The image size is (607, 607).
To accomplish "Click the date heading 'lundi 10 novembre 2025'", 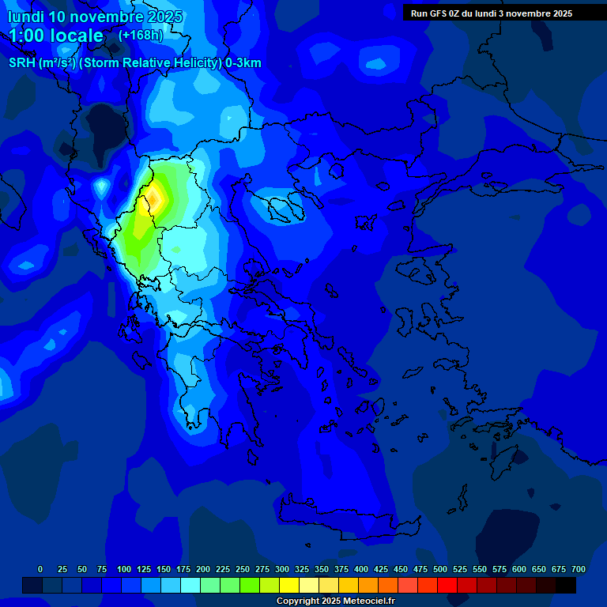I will click(x=95, y=16).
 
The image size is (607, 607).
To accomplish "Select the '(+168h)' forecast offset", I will click(x=141, y=36).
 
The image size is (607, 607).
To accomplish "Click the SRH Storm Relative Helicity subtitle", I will click(x=134, y=62).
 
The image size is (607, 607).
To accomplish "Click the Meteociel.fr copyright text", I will click(x=334, y=601).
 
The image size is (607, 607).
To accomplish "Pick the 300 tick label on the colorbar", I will click(x=282, y=569).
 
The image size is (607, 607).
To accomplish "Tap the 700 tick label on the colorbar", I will click(x=578, y=569).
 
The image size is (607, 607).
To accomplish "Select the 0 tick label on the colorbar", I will click(x=40, y=569).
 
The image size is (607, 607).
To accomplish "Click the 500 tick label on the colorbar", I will click(x=440, y=569).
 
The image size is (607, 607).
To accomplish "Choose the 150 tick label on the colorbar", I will click(x=164, y=569).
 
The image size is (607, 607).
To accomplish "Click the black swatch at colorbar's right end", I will click(x=566, y=586).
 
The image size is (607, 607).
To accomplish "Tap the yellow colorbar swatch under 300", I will click(x=289, y=586).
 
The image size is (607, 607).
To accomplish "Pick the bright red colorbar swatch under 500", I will click(x=447, y=586).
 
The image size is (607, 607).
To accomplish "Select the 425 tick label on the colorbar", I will click(x=381, y=569).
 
